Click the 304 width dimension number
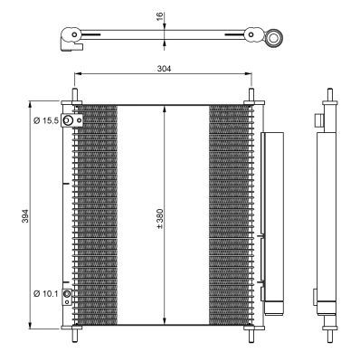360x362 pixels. click(x=164, y=68)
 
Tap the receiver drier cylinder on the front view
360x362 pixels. click(x=271, y=217)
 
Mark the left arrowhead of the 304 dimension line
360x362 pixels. click(x=75, y=74)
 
